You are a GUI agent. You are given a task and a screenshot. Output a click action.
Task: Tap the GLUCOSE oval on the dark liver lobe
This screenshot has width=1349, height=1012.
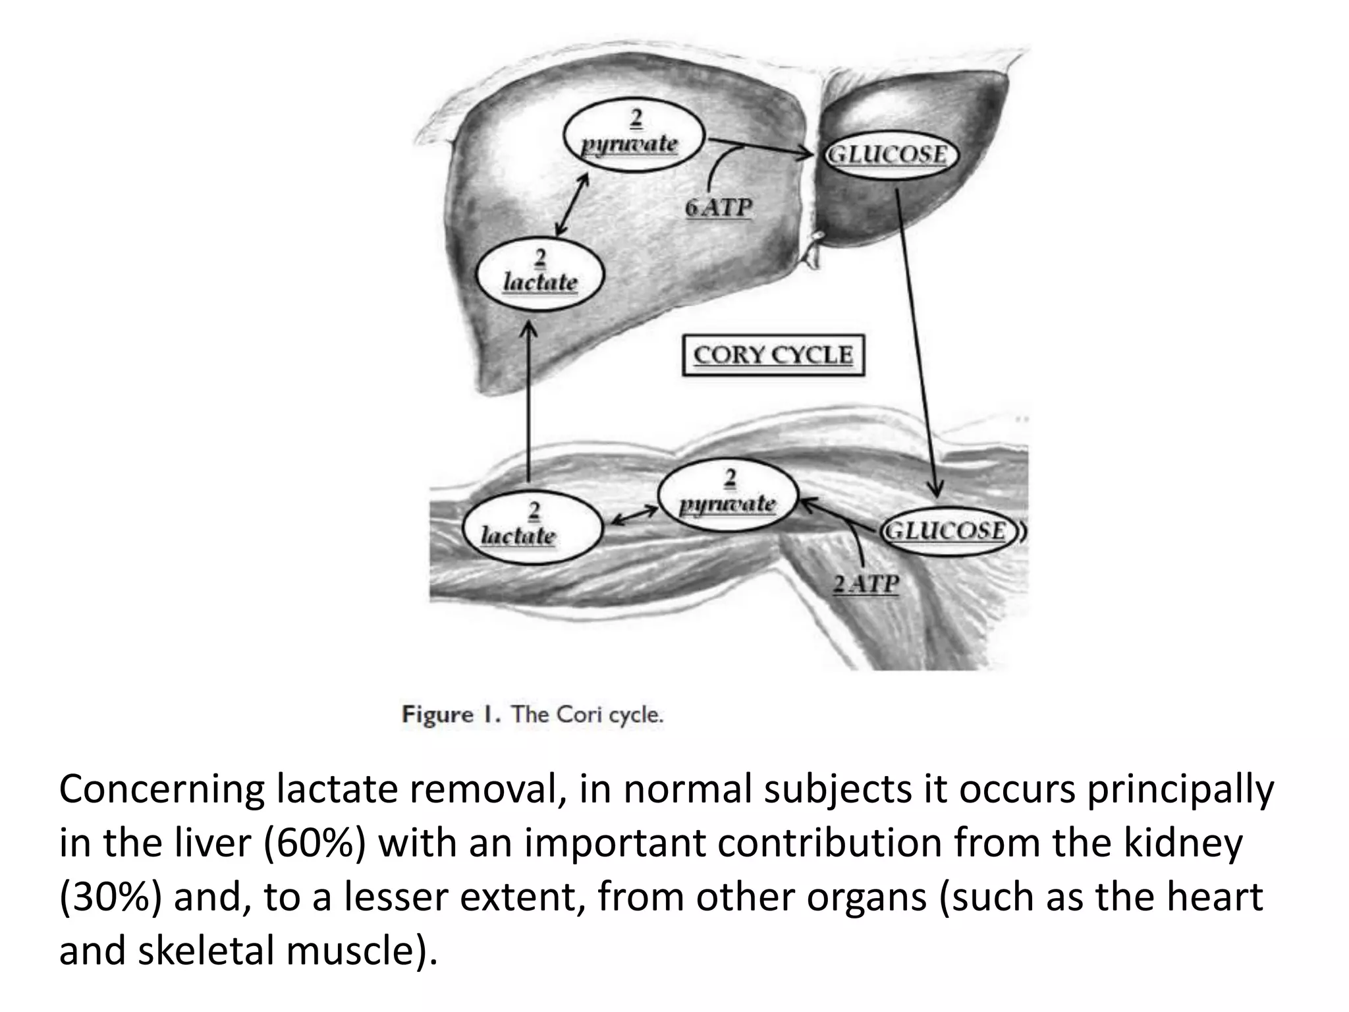(x=889, y=156)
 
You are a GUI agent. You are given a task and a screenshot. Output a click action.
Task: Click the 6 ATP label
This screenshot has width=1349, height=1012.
(x=719, y=208)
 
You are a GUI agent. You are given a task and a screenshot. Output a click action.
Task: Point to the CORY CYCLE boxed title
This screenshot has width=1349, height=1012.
(x=773, y=356)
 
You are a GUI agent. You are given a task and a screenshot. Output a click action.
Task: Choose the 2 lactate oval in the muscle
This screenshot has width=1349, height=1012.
(x=532, y=527)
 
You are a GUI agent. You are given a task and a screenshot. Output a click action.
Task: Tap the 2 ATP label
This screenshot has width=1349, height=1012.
(x=866, y=584)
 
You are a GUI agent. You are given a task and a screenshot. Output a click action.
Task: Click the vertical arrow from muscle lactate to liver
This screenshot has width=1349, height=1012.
(x=528, y=402)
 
